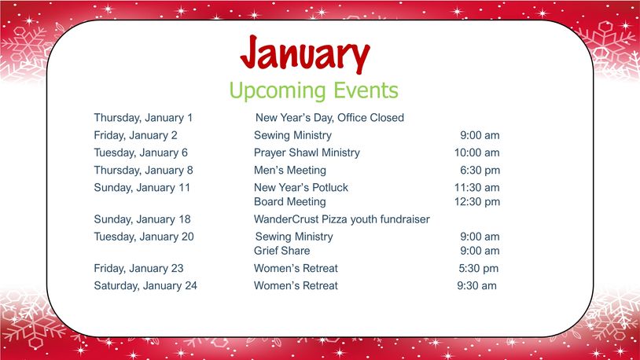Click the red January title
[x=305, y=54]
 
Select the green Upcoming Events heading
[x=314, y=90]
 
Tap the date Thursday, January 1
[x=143, y=118]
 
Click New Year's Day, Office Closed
[x=329, y=118]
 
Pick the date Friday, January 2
[x=135, y=135]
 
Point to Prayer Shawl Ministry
[x=307, y=153]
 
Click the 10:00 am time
[x=476, y=152]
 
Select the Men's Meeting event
[x=290, y=171]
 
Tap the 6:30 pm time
[x=480, y=171]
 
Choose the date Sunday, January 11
[x=142, y=188]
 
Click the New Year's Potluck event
[x=301, y=188]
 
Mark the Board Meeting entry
[x=290, y=202]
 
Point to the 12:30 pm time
[x=477, y=202]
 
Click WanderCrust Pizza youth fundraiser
[x=342, y=219]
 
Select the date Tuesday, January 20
[x=144, y=237]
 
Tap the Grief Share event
[x=281, y=251]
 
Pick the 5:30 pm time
[x=478, y=269]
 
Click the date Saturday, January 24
[x=145, y=285]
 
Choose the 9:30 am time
[x=476, y=285]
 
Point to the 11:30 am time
[x=476, y=188]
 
